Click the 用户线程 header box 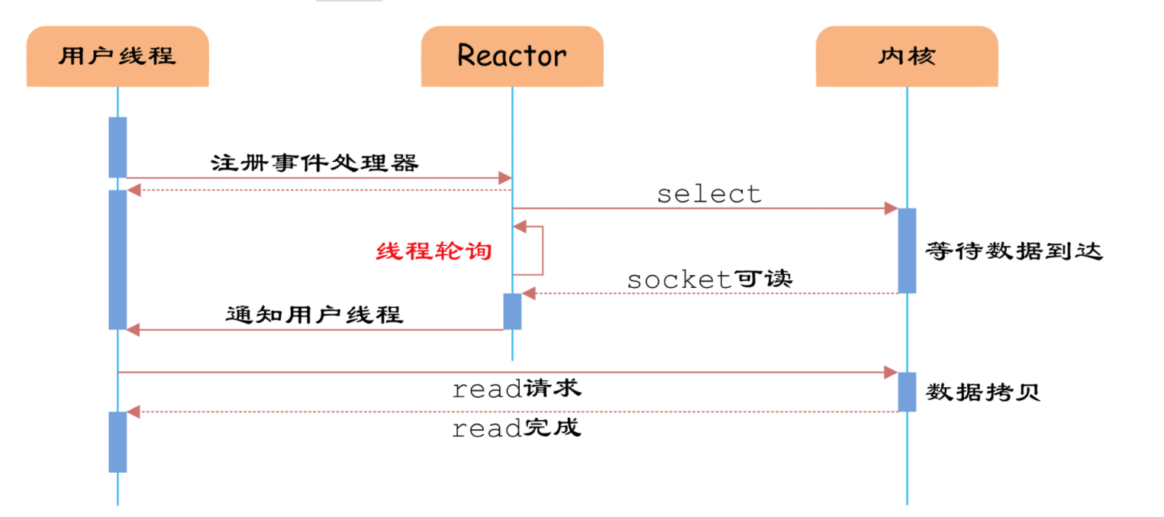pos(118,56)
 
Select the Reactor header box pos(512,56)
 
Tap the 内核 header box pos(907,56)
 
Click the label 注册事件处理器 pos(314,163)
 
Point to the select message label pos(709,194)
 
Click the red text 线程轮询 pos(434,250)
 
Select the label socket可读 pos(710,279)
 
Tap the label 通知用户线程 pos(314,314)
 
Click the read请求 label pos(516,389)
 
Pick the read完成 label pos(516,428)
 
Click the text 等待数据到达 pos(1014,250)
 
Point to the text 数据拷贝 pos(983,393)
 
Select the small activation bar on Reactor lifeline pos(512,311)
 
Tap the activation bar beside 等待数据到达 pos(907,250)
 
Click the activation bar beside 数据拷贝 pos(907,392)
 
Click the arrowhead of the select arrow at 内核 pos(891,208)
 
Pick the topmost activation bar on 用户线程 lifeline pos(118,147)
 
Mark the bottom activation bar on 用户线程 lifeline pos(118,441)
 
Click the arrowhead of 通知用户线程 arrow pos(134,330)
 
